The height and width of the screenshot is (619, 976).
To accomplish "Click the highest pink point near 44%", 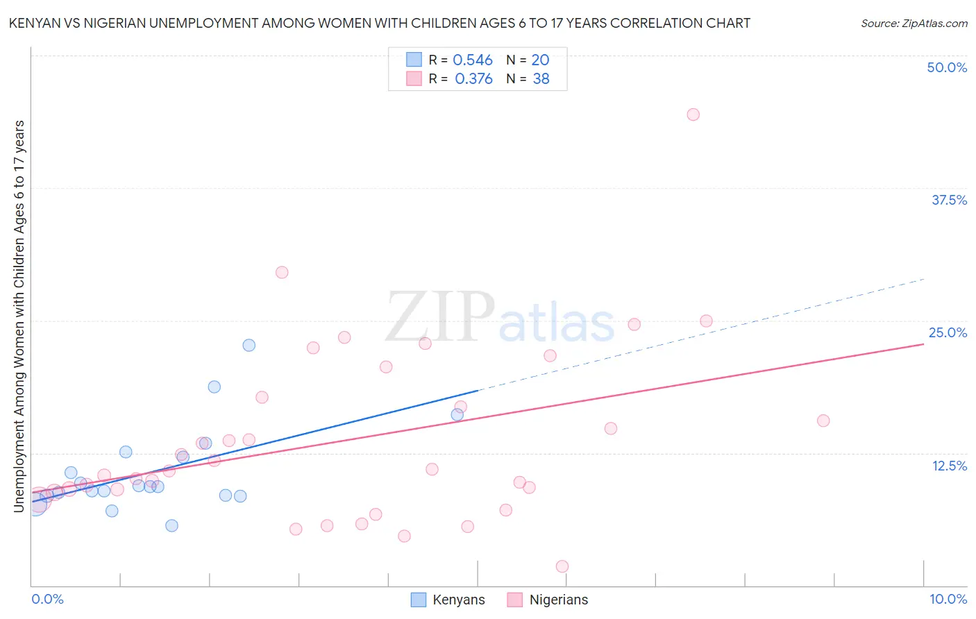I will (693, 115).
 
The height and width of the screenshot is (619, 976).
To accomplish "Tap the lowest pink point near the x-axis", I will (562, 566).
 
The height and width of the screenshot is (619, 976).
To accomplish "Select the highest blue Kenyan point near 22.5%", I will (249, 345).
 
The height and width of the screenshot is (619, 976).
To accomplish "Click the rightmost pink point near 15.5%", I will (823, 421).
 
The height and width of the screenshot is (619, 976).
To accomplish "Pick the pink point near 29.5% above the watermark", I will (282, 272).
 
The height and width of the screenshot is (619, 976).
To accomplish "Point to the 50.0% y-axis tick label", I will (947, 67).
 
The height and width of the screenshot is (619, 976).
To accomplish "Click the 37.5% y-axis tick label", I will (949, 200).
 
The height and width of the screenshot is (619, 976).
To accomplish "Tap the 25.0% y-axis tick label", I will (948, 332).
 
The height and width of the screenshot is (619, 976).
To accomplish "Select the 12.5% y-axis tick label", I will (949, 466).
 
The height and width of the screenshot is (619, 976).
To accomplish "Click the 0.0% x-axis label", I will (47, 599).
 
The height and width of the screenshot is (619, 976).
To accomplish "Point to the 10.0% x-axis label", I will (948, 599).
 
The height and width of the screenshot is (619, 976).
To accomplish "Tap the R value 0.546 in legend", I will (473, 60).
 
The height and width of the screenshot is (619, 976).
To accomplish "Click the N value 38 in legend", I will (541, 79).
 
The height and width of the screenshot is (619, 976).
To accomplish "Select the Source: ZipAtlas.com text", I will (914, 24).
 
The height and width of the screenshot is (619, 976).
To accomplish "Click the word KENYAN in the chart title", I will (33, 24).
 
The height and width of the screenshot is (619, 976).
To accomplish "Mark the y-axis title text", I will (19, 316).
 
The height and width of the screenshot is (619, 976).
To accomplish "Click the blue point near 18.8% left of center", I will (214, 387).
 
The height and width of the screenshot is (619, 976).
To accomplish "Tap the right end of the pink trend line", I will (923, 344).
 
